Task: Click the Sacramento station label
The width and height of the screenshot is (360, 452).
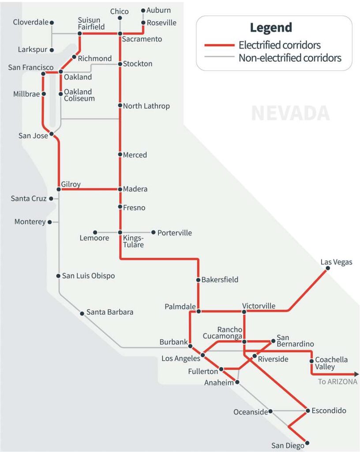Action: pos(142,39)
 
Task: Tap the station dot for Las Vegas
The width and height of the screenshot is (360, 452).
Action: pos(327,270)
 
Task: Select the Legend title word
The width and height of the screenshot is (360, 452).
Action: pos(271,27)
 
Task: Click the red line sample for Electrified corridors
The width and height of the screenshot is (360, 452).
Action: pos(219,45)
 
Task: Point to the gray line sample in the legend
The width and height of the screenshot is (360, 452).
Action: pos(219,57)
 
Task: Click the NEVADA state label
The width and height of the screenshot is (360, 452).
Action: pos(290,113)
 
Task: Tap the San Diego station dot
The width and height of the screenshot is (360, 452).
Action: pos(307,443)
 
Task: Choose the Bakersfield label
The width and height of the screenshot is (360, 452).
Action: pos(220,279)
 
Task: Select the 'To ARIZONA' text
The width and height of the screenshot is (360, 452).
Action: pos(337,382)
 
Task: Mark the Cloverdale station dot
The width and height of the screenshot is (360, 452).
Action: pos(52,22)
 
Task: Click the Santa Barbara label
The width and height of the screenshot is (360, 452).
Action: pos(109,312)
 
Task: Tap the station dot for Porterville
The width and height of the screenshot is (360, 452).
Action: pos(154,232)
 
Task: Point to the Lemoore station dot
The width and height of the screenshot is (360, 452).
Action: pos(95,232)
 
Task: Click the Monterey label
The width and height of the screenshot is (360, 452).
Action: pos(30,222)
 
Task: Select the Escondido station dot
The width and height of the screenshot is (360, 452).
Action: pos(307,411)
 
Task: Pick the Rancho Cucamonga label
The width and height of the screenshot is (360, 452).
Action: pos(230,333)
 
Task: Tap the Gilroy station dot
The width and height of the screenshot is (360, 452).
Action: pos(59,189)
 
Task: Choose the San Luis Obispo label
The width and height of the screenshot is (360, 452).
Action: pos(88,276)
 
